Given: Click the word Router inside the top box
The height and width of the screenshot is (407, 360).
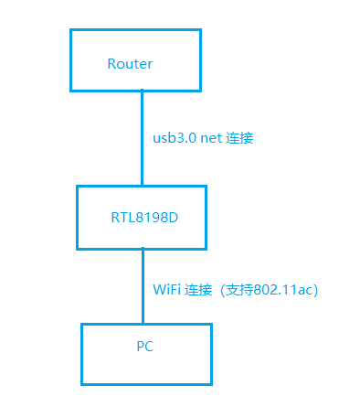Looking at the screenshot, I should coord(130,64).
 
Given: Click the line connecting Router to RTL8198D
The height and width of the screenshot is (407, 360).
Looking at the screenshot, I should coord(142,137).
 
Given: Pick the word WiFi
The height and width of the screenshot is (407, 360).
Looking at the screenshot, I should coord(165,289).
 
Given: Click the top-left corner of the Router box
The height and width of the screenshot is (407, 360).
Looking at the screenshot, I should coord(71,30).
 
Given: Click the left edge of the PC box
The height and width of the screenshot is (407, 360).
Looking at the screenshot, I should coord(81,353).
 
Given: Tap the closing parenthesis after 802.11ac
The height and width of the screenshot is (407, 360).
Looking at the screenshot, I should coord(314,289).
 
